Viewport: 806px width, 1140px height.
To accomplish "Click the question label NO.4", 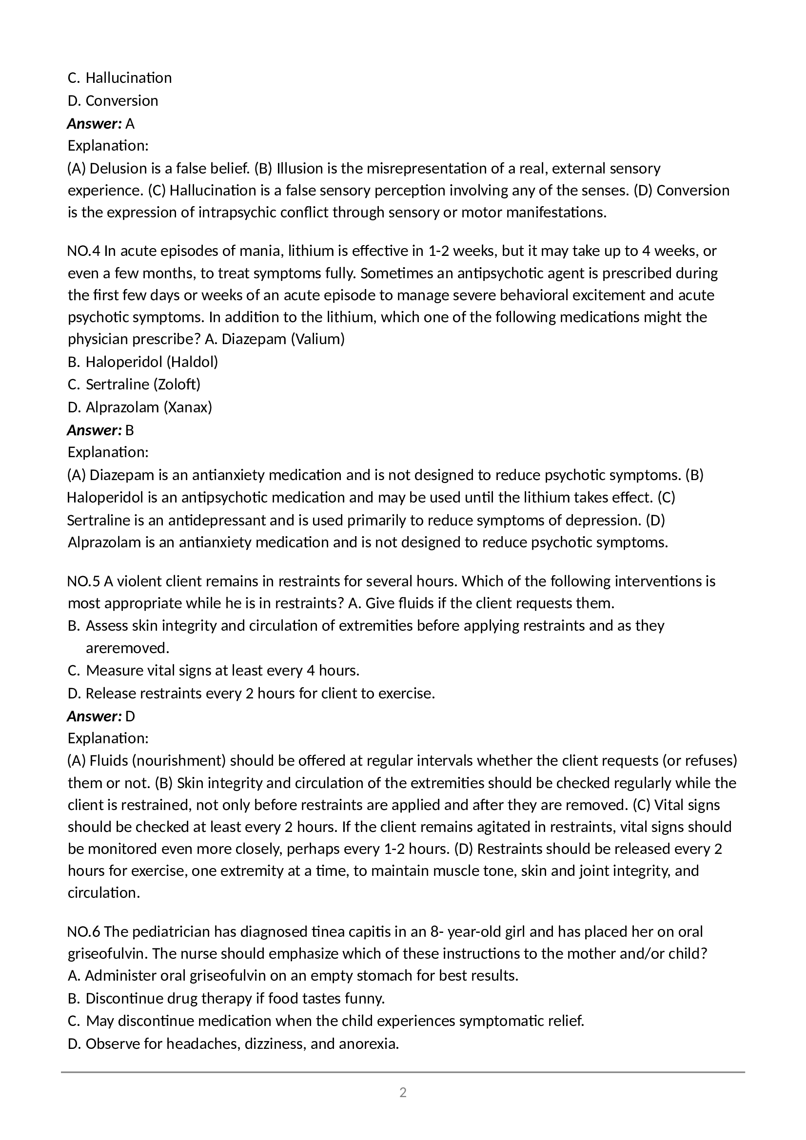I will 83,251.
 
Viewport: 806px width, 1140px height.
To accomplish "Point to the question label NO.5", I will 83,581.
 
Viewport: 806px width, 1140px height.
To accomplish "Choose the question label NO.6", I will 83,931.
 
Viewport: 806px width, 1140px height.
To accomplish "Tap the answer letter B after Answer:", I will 130,430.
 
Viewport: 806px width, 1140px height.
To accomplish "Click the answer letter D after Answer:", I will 130,716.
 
